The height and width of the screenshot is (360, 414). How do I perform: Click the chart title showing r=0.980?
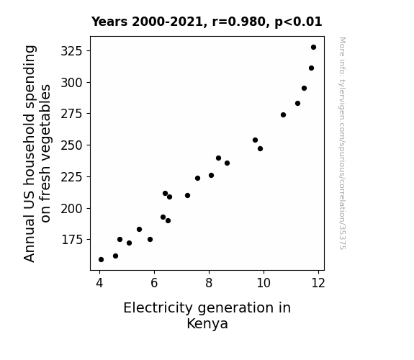[207, 22]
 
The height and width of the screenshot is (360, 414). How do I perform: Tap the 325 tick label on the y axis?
[71, 51]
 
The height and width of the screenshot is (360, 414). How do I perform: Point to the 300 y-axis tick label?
[71, 83]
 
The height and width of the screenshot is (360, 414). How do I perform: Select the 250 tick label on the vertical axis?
[71, 145]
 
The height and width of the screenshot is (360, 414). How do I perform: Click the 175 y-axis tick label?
[72, 240]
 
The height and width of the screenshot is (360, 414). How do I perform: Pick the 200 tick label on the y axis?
[71, 209]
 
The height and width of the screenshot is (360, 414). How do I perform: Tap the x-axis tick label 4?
[99, 283]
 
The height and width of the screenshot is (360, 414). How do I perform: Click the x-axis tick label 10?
[264, 283]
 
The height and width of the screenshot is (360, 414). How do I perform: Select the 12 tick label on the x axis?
[318, 283]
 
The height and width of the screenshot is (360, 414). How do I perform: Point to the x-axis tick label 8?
[209, 283]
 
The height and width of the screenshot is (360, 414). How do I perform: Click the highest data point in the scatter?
[313, 48]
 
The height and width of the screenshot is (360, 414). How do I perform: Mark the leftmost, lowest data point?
[101, 260]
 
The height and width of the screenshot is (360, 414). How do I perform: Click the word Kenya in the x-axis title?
[207, 324]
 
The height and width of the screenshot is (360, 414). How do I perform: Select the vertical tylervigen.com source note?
[342, 143]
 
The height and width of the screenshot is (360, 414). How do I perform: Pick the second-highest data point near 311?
[311, 68]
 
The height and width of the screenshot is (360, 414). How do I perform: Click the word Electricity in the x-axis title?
[158, 308]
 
